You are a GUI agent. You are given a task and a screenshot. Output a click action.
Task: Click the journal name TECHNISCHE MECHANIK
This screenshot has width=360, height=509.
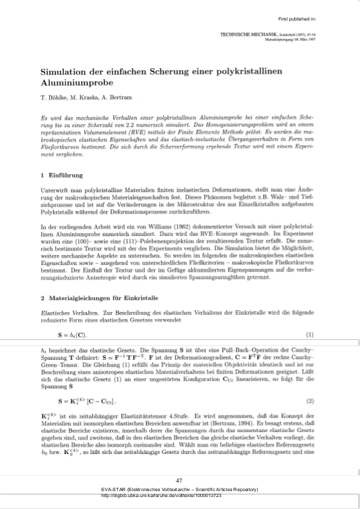[x=254, y=32]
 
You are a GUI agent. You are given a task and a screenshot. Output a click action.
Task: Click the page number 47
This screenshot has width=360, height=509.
[x=179, y=480]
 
